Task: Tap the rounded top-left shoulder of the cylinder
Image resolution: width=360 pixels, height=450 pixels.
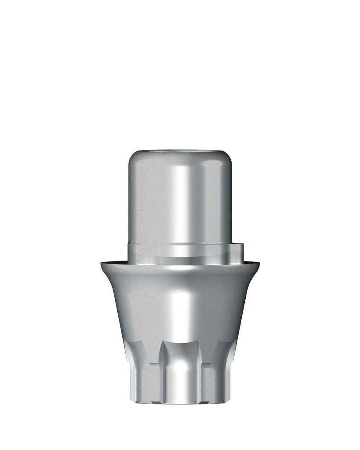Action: [132, 159]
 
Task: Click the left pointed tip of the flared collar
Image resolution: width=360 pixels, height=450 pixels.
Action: [101, 263]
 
